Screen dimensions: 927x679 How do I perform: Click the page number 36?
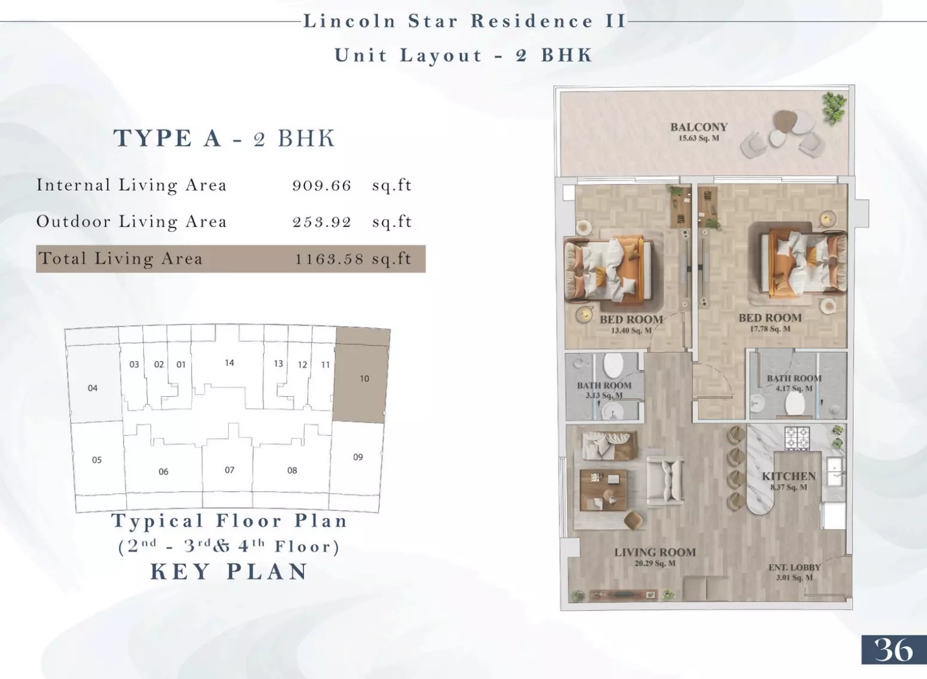tap(893, 650)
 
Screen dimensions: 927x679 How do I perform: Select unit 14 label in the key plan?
tap(229, 363)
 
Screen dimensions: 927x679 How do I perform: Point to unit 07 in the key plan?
tap(229, 470)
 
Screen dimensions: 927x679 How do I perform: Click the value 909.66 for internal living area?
tap(321, 185)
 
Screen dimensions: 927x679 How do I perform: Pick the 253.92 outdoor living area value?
tap(321, 222)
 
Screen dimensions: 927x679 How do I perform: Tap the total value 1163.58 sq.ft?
tap(353, 259)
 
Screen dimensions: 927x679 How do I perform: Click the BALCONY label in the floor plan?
tap(699, 127)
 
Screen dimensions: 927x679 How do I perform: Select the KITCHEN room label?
tap(789, 476)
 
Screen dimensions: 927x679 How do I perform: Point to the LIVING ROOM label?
tap(655, 552)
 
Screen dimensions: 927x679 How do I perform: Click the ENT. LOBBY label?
tap(794, 567)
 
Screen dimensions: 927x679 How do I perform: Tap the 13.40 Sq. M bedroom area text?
tap(631, 331)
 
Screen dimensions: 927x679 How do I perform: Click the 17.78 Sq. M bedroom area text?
tap(770, 329)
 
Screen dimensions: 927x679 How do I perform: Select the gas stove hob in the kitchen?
tap(797, 438)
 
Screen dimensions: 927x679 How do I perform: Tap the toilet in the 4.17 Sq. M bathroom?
tap(794, 403)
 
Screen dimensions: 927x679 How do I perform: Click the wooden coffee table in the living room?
tap(603, 490)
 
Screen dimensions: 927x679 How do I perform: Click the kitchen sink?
tap(835, 472)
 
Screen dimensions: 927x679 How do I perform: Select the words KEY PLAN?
tap(229, 572)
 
